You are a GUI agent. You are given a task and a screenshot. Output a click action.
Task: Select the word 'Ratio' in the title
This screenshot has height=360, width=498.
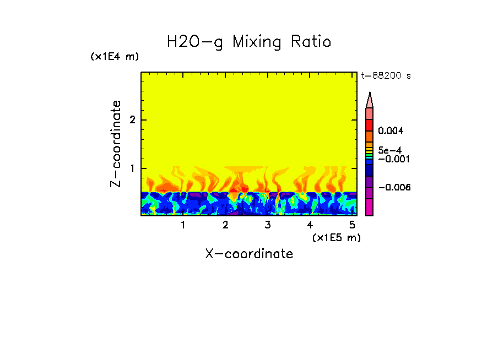311,42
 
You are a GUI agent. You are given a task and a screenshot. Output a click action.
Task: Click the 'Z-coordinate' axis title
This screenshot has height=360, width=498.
116,144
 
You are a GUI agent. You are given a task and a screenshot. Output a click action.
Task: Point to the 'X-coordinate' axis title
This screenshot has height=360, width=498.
249,254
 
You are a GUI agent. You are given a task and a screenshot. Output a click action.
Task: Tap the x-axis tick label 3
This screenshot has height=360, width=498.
268,225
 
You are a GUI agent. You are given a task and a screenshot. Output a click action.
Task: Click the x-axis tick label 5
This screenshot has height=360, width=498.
352,225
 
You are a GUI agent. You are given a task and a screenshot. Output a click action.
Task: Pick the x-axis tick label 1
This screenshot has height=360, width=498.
183,225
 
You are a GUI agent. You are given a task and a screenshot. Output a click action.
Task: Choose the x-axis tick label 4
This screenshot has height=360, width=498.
310,225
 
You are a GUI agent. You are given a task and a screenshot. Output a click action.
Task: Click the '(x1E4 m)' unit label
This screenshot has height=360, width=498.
115,57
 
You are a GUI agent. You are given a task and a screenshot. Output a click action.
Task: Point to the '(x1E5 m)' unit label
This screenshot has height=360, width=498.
336,237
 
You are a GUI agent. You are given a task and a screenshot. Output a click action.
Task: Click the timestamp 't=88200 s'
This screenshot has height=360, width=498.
386,76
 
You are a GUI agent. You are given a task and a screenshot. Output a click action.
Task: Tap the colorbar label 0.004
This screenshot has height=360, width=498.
391,131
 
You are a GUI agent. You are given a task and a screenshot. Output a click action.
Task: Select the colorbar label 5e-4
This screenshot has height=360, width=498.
389,150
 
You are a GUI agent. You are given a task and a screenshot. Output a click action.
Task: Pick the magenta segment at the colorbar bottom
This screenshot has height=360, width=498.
370,207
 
